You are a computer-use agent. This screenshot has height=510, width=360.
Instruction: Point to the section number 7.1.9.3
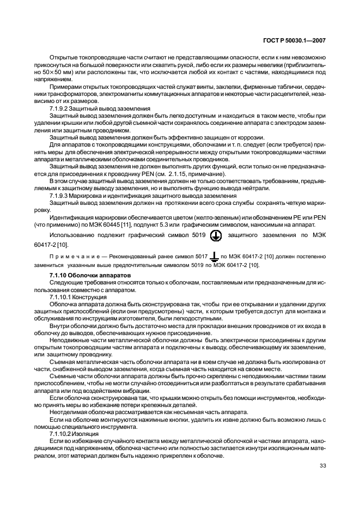pos(59,195)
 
